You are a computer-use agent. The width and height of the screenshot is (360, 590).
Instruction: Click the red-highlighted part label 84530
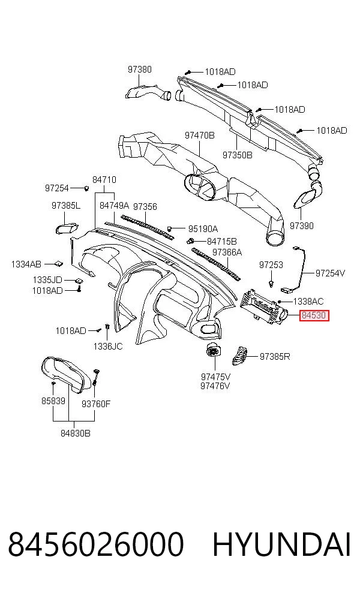(x=314, y=315)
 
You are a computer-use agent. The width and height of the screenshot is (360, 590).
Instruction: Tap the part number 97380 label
(x=139, y=69)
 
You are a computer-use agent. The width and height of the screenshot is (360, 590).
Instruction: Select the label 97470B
(x=200, y=135)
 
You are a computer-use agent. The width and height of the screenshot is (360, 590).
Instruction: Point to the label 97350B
(x=237, y=155)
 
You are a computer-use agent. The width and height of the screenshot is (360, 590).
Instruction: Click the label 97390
(x=302, y=226)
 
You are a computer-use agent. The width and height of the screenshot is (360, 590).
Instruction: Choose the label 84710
(x=104, y=179)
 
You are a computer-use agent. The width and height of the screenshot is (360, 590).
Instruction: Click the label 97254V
(x=330, y=273)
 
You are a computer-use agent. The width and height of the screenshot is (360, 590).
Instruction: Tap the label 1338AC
(x=308, y=302)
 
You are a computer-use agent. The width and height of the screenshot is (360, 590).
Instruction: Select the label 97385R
(x=275, y=356)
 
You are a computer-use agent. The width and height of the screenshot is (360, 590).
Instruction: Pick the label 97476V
(x=215, y=386)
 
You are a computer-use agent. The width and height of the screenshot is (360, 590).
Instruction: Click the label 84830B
(x=76, y=433)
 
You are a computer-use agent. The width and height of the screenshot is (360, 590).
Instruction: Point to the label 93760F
(x=96, y=404)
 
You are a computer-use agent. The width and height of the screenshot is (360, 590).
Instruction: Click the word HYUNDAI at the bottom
(x=281, y=544)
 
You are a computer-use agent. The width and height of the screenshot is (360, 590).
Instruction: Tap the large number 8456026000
(x=96, y=544)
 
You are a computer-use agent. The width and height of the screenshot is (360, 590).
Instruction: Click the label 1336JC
(x=108, y=346)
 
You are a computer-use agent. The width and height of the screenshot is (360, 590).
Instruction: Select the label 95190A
(x=203, y=229)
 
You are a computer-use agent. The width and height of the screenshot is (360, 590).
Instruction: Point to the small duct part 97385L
(x=67, y=228)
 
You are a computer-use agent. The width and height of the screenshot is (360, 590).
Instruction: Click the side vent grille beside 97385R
(x=239, y=356)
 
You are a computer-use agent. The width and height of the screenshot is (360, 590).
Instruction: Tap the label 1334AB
(x=26, y=264)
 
